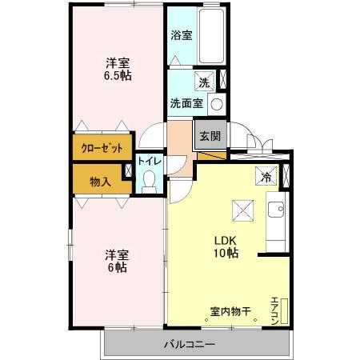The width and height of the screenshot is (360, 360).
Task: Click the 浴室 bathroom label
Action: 182,35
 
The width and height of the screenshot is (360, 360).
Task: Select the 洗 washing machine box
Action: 205,81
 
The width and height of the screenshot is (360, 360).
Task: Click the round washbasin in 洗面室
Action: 216,102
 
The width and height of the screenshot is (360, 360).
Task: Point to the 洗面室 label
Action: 186,103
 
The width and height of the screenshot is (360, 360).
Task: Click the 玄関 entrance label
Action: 210,134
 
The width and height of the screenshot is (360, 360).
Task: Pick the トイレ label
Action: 150,161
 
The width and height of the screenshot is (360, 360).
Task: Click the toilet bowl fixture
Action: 150,182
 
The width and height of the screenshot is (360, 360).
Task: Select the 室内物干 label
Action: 230,310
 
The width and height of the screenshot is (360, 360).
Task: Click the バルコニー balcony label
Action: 190,344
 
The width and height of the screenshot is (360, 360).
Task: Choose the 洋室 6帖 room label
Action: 117,261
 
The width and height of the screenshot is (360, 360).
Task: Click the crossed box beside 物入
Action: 126,171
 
